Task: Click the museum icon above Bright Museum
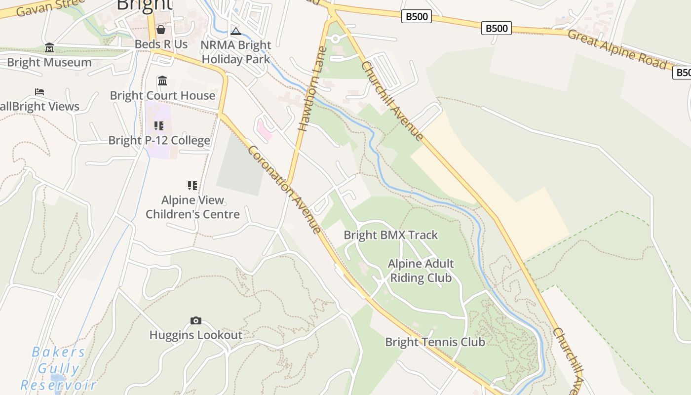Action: click(49, 48)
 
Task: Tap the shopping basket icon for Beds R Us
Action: click(160, 30)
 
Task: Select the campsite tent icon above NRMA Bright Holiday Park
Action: click(236, 32)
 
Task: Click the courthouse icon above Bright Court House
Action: click(162, 81)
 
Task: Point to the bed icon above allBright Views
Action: click(39, 92)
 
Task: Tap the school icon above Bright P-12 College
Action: click(158, 126)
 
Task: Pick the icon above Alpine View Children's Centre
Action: click(192, 186)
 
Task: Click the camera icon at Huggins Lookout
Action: click(196, 321)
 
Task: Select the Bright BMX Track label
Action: click(390, 235)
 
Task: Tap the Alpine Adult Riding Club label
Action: click(421, 271)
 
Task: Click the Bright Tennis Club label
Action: click(435, 342)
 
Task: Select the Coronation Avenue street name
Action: click(285, 189)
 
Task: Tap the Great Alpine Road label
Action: click(616, 49)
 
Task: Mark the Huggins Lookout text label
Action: click(196, 335)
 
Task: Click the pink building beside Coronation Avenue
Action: click(265, 131)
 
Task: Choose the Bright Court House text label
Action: click(162, 95)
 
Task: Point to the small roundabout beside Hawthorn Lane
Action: click(336, 39)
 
